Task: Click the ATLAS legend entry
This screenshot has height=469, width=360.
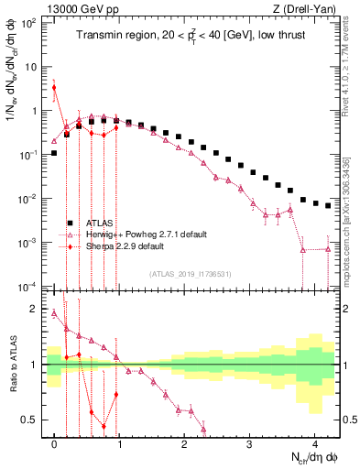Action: pyautogui.click(x=100, y=223)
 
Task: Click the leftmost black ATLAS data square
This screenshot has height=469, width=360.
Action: pyautogui.click(x=54, y=153)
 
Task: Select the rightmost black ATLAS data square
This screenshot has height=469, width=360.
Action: pyautogui.click(x=328, y=206)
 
